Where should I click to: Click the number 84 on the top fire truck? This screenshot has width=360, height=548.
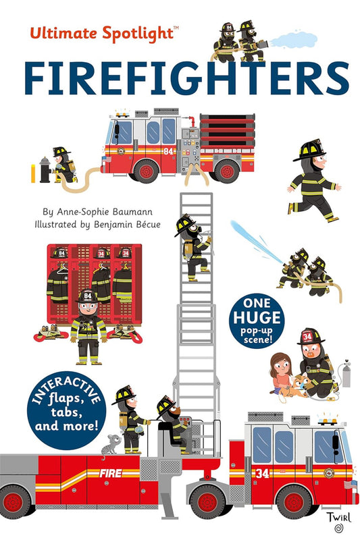pos(168,150)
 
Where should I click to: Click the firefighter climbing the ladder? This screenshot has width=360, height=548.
pos(192,247)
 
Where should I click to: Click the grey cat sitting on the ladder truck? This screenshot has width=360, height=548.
pos(111,442)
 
